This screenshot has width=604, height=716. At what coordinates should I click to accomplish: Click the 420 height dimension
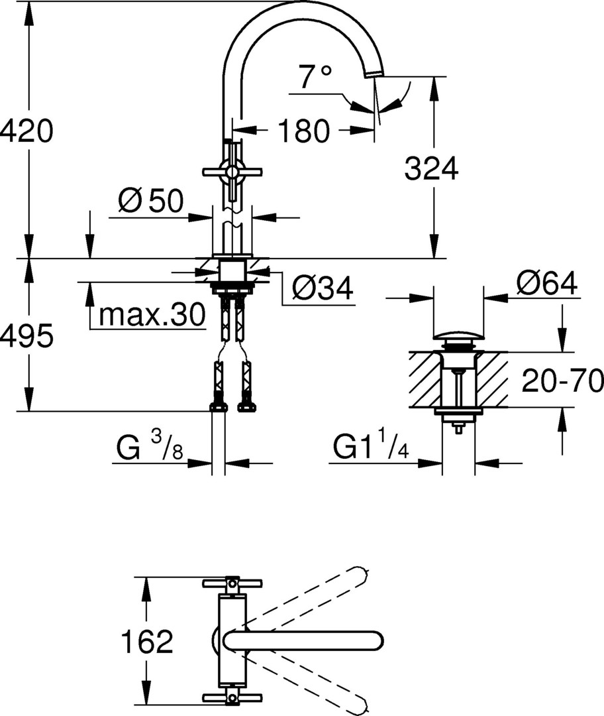(x=26, y=131)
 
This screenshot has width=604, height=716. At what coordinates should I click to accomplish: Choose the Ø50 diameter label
(x=150, y=200)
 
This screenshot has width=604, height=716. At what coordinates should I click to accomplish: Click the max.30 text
(x=152, y=314)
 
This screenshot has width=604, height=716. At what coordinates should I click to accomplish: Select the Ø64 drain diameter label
(x=547, y=282)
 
